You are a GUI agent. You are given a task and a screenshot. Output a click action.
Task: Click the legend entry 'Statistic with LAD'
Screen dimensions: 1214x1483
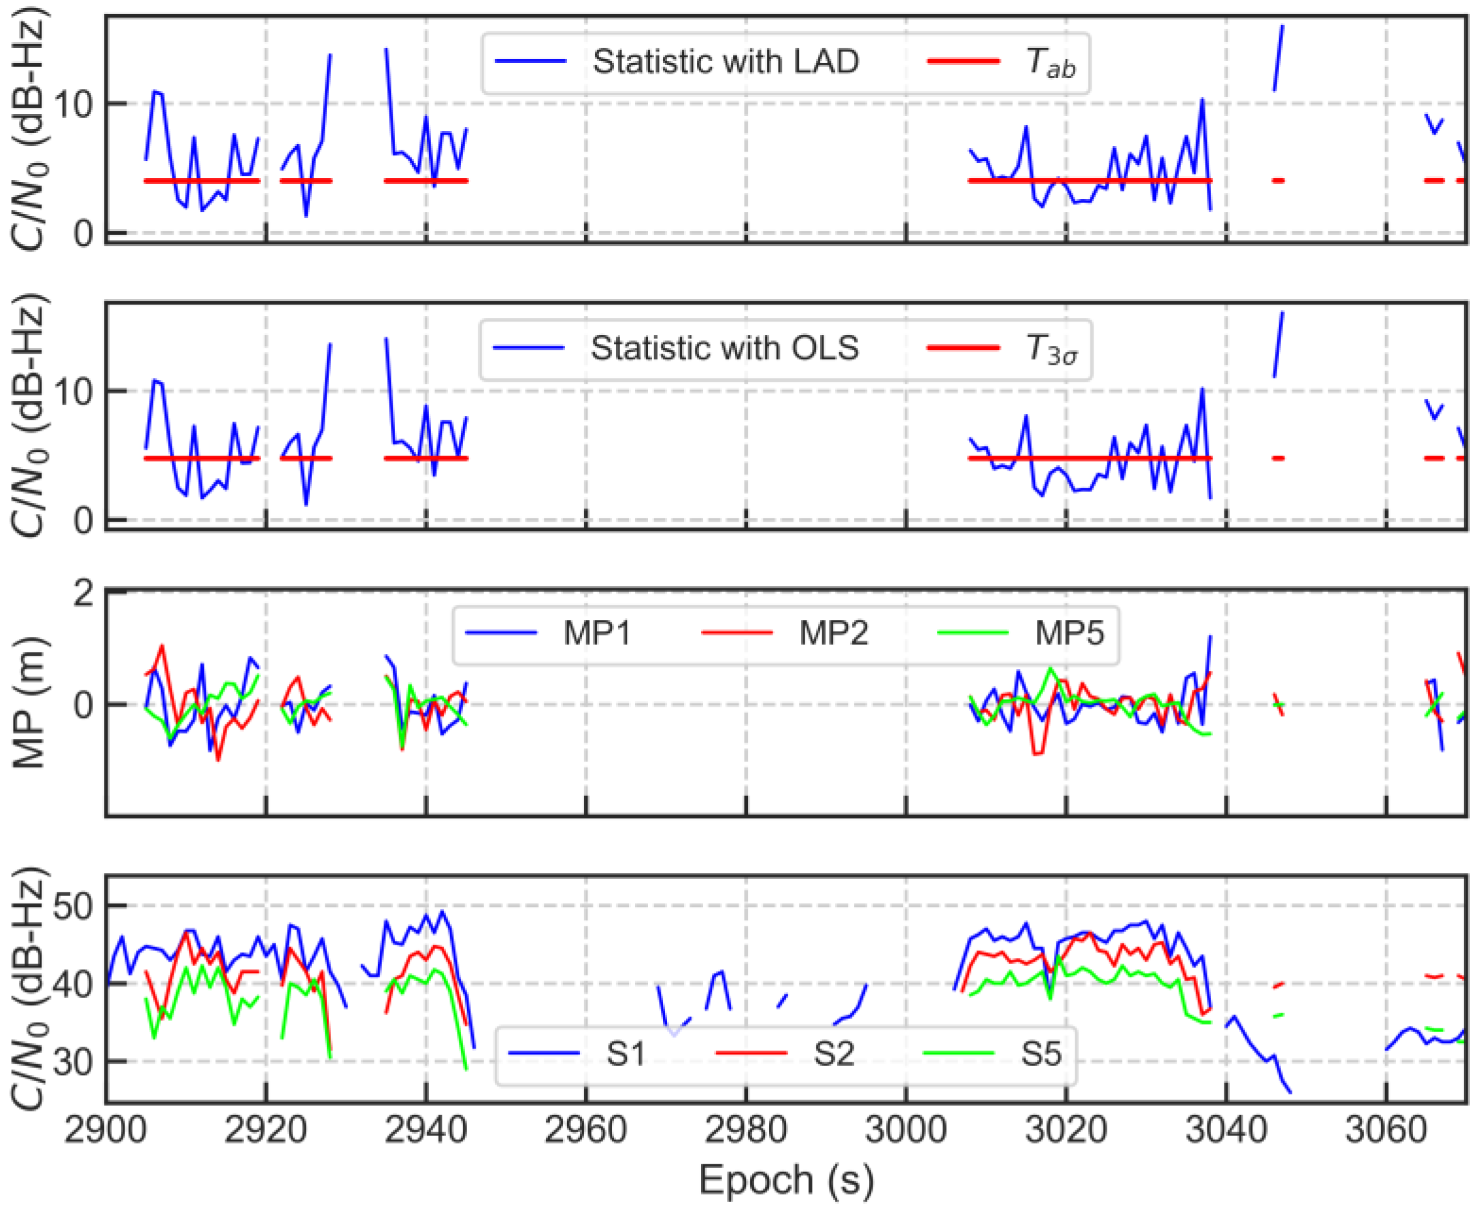[x=725, y=62]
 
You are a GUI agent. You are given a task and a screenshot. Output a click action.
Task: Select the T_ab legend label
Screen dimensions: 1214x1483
[x=1050, y=63]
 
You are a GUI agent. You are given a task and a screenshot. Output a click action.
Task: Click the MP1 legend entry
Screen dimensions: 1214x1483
[x=597, y=634]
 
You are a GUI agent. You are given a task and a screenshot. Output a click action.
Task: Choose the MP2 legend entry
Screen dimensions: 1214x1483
[x=833, y=634]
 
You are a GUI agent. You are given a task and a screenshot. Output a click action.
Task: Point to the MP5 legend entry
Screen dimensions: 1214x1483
[x=1069, y=634]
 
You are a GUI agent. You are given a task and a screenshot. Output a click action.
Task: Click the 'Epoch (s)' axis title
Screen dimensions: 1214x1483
[x=786, y=1182]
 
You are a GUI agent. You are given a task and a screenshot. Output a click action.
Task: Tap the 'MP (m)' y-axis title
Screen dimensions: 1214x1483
[x=30, y=703]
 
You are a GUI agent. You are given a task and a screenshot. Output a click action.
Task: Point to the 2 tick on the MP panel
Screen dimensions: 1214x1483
[x=83, y=593]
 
